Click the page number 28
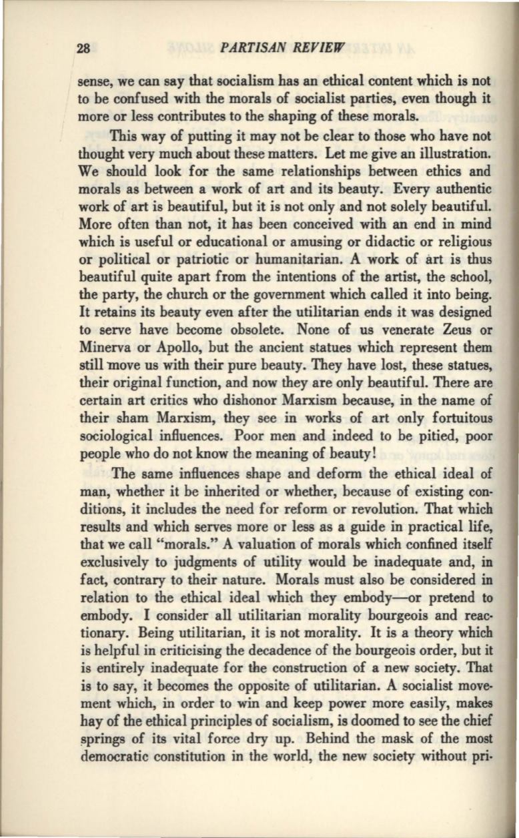click(83, 48)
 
